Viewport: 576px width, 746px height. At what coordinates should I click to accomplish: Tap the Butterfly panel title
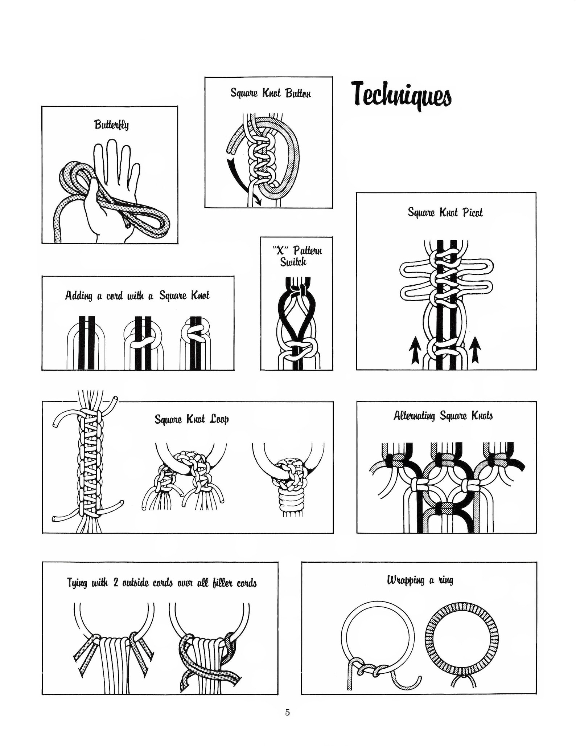point(111,125)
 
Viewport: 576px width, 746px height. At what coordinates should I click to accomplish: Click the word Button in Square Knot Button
point(298,93)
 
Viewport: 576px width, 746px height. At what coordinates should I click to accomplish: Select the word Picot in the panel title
point(473,212)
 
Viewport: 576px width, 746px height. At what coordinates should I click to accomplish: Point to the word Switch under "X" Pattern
point(293,262)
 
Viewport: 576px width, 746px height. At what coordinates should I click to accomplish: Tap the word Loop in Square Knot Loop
point(220,420)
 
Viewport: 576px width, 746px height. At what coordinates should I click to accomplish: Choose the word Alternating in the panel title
point(415,415)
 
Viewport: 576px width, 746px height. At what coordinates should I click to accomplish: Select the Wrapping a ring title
point(420,580)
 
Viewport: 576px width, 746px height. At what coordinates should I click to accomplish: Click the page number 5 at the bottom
point(287,712)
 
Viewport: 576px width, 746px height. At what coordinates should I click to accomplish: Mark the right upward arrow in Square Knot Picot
point(475,350)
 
